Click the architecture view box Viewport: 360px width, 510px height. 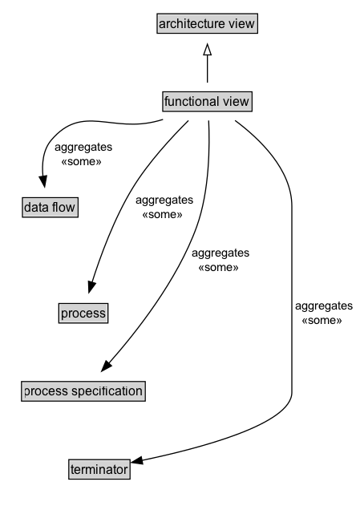[207, 24]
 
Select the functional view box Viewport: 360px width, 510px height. [207, 102]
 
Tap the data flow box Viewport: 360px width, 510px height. [50, 208]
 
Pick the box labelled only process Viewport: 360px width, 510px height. [83, 313]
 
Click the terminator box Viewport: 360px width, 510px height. [98, 469]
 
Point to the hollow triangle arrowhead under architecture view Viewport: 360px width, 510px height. [207, 51]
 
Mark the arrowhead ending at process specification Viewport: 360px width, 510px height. [105, 368]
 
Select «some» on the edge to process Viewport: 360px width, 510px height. [162, 214]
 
